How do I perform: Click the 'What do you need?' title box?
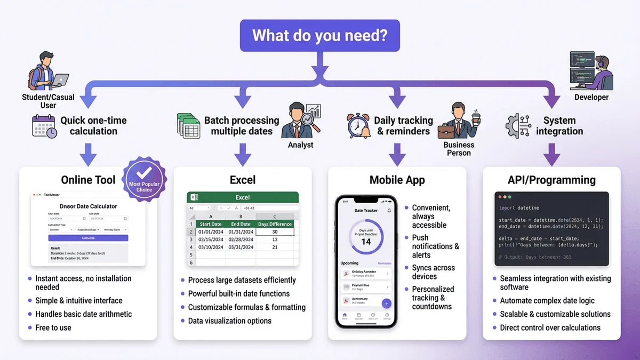[319, 35]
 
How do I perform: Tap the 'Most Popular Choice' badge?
[144, 180]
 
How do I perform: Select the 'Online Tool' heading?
[88, 180]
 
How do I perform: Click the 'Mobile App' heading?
[397, 180]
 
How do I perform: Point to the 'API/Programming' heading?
[551, 180]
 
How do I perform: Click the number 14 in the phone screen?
[366, 241]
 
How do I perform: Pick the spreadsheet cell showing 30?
[275, 232]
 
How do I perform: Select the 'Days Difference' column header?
[275, 224]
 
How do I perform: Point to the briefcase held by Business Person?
[449, 131]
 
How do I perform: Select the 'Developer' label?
[591, 98]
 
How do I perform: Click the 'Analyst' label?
[301, 145]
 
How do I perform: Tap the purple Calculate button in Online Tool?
[88, 238]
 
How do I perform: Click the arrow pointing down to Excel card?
[243, 156]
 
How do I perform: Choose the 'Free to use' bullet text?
[53, 327]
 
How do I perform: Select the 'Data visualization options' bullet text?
[230, 321]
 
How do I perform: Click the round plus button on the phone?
[387, 303]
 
